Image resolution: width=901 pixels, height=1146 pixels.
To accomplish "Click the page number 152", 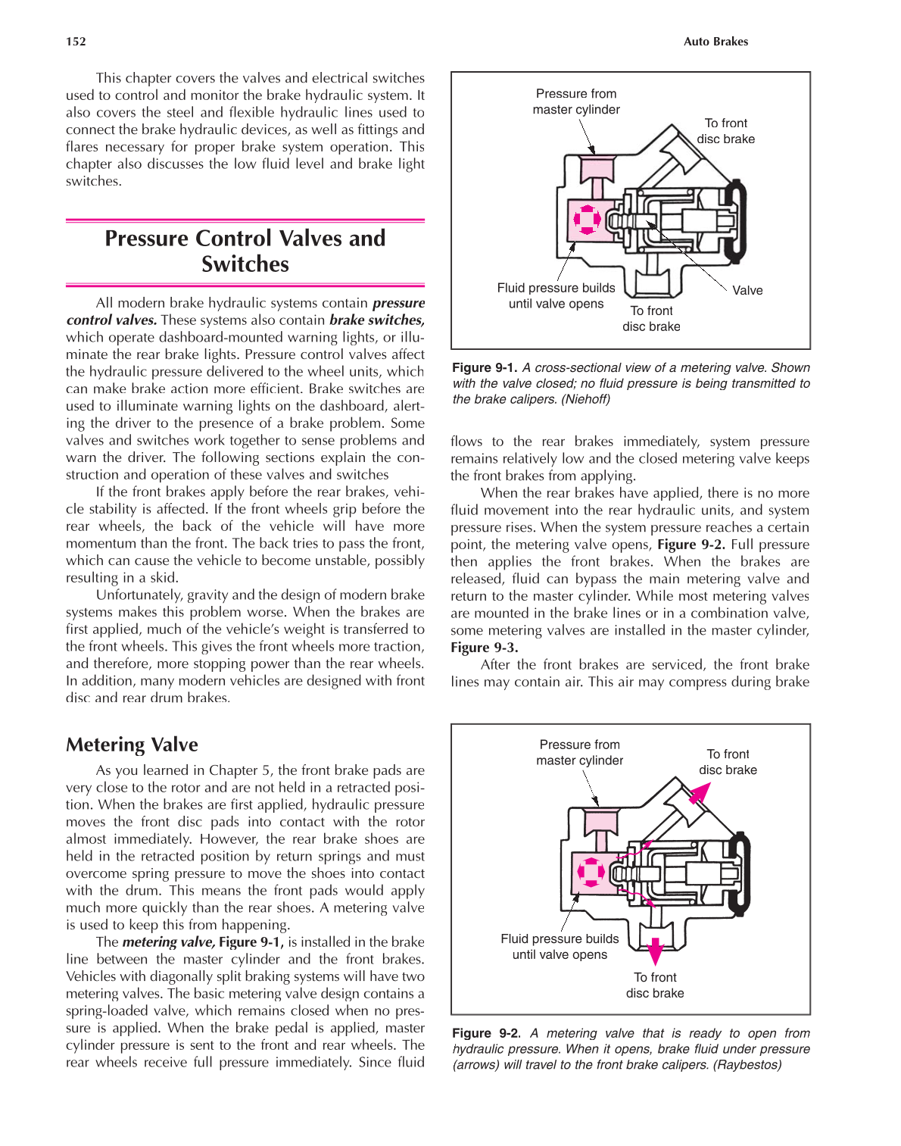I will coord(76,42).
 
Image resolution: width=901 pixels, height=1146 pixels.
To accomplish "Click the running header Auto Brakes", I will coord(715,42).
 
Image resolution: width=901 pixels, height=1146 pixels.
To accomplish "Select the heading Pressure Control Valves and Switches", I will coord(245,251).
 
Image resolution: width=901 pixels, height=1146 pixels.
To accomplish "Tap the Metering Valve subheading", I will coord(132,745).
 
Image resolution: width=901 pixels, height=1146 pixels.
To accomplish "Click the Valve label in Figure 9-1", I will coord(747,290).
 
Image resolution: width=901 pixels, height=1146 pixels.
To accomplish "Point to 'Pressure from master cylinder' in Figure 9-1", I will coord(575,101).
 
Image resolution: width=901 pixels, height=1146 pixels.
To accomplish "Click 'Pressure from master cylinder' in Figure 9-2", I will coord(579,752).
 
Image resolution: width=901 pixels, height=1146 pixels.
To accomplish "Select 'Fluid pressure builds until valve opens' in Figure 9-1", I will coord(556,295).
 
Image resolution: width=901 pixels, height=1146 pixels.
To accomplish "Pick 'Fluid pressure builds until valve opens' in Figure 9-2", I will coord(560,946).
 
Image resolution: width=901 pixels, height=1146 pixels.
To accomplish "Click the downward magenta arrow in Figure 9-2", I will coord(655,948).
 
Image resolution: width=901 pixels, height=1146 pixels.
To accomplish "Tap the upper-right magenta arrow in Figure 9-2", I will coord(700,792).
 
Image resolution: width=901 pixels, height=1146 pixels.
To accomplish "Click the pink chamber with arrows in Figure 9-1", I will coord(587,220).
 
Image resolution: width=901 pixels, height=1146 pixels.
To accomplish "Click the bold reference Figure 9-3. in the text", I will coord(484,648).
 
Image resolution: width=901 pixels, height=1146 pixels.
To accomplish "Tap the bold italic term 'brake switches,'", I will coord(376,320).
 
